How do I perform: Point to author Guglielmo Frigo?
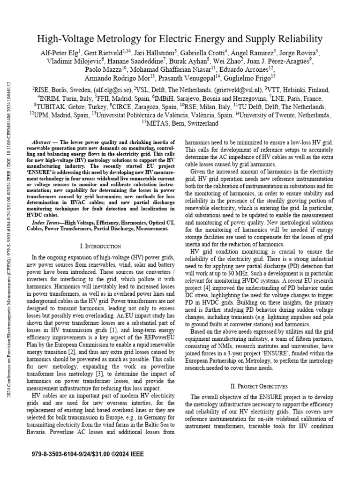point(252,77)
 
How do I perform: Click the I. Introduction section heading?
point(100,246)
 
